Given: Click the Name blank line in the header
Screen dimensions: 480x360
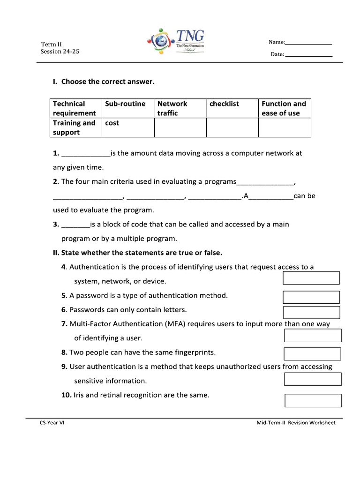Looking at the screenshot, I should [308, 44].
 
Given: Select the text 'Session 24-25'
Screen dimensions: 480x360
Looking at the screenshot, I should [60, 52].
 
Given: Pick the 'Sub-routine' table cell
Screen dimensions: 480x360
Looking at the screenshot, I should [128, 108].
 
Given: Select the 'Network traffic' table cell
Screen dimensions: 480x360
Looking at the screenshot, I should [180, 108].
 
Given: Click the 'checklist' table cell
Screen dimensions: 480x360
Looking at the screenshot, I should [232, 108].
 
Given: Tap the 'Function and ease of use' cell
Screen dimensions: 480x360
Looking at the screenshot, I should [285, 108].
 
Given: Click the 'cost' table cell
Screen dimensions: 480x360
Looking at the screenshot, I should [128, 127].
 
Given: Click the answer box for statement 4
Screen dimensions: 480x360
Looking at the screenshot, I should [311, 278].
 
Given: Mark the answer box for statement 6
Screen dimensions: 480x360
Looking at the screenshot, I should [311, 312].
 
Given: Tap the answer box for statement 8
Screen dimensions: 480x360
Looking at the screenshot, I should [313, 354].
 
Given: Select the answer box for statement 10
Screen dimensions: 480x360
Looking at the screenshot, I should [313, 400].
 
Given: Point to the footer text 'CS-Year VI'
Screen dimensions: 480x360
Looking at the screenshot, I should [52, 423].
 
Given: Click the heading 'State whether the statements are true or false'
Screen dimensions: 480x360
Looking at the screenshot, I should [137, 253].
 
